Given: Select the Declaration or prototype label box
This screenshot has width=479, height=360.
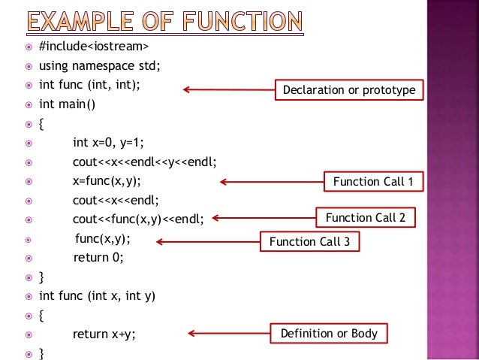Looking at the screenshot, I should pos(349,91).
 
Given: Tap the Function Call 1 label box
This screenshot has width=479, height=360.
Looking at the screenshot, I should pos(373,182).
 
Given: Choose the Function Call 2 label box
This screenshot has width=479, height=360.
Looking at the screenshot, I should pos(366,218).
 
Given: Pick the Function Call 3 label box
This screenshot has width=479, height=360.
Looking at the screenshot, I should pos(309,242).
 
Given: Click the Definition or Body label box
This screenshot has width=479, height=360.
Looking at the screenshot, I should pos(329,333).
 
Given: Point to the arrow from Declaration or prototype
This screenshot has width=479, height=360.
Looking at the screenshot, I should pos(228,91).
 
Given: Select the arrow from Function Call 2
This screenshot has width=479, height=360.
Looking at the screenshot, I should pos(262,219).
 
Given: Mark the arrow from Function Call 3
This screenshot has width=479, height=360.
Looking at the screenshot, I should pos(206,242).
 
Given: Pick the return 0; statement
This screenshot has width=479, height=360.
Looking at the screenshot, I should pos(98,257).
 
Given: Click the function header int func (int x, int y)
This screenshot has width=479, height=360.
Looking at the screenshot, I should pos(97,295).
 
